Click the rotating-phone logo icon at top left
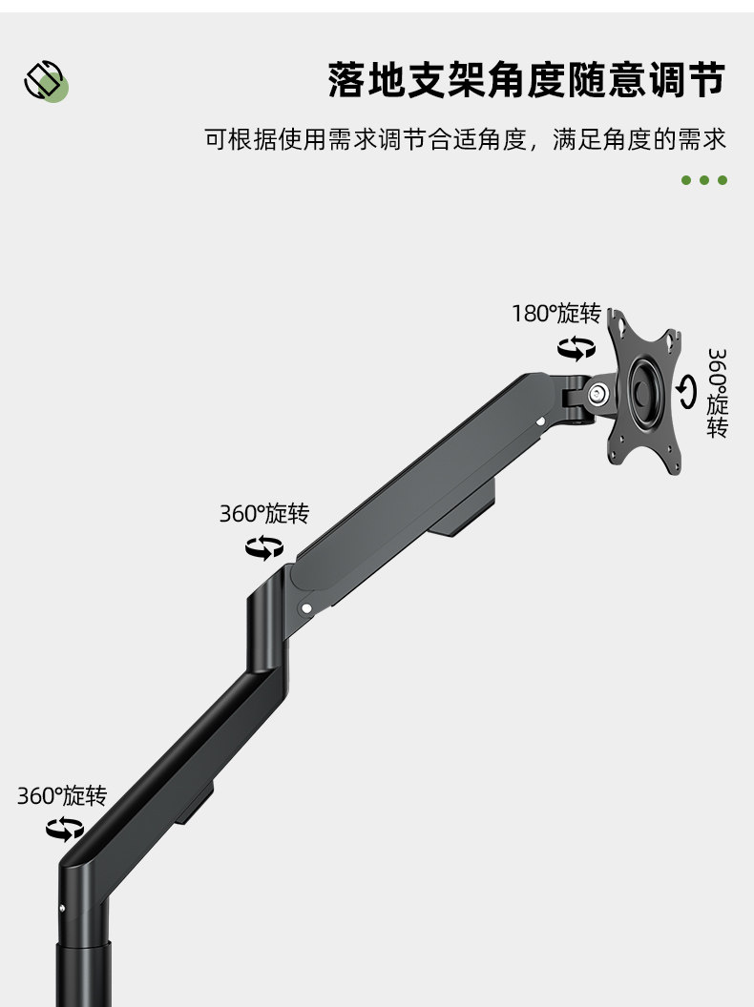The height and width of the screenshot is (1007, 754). [x=45, y=81]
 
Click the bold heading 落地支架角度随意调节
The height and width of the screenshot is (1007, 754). [x=526, y=79]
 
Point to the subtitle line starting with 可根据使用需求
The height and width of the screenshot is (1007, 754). [x=466, y=140]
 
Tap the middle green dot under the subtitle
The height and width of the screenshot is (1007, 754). [x=704, y=180]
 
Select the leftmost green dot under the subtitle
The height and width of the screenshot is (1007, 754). [x=686, y=180]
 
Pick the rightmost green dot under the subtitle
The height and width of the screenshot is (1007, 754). [x=723, y=180]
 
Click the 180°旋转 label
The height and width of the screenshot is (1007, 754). [x=556, y=314]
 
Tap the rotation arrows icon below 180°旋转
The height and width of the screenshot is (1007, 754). [x=576, y=348]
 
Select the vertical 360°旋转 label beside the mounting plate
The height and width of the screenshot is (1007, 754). [x=718, y=393]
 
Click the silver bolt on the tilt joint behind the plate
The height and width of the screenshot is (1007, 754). [x=599, y=393]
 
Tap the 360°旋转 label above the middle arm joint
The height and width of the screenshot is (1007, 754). [x=264, y=514]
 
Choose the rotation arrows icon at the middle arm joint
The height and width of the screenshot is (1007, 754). [x=264, y=547]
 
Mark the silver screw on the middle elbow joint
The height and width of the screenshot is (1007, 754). [x=306, y=605]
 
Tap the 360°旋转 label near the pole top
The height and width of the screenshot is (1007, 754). [x=62, y=795]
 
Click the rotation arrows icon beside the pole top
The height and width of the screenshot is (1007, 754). [x=65, y=829]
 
